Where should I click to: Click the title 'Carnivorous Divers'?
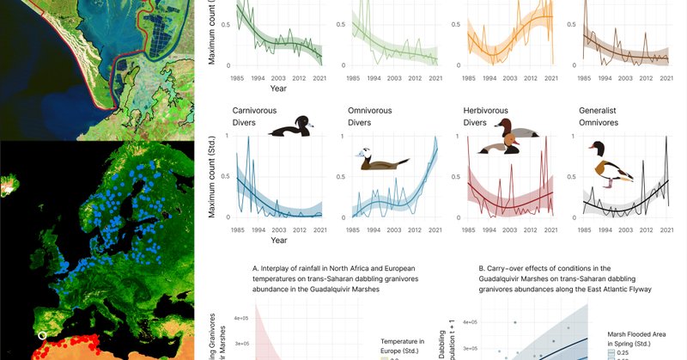pos(257,117)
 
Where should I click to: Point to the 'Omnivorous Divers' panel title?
pos(372,117)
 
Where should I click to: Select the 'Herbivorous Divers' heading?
pos(486,117)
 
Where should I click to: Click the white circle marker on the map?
pos(40,335)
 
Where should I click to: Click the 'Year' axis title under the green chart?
pos(278,88)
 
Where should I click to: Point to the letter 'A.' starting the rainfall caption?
pos(256,267)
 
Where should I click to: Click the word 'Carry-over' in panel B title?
pos(508,267)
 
